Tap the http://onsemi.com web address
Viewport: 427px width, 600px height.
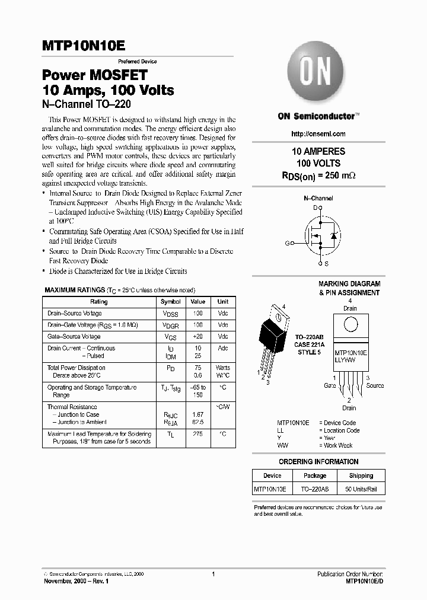(x=318, y=134)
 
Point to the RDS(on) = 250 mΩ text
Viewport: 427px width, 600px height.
(x=318, y=175)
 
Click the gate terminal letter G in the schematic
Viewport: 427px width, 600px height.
(x=288, y=243)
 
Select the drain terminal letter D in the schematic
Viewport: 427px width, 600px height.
(x=315, y=208)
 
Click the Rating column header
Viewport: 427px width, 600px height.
(x=98, y=302)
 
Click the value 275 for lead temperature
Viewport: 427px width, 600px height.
(x=198, y=434)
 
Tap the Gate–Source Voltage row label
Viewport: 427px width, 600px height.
(x=74, y=336)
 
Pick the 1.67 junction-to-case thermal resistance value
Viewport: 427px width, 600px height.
(x=198, y=414)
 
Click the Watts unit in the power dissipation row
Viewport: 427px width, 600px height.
(x=223, y=368)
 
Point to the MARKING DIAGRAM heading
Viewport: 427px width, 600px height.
(x=349, y=284)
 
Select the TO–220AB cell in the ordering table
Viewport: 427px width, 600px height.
(x=315, y=489)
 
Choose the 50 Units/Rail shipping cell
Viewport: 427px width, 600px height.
(x=361, y=489)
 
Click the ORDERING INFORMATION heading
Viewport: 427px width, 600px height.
(x=318, y=461)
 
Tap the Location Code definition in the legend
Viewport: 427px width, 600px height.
(x=339, y=430)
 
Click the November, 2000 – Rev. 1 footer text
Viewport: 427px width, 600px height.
(x=77, y=582)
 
